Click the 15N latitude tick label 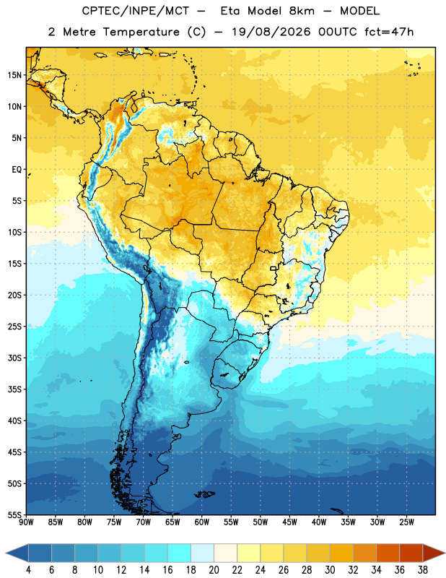point(14,75)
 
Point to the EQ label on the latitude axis point(17,170)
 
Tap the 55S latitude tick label point(14,514)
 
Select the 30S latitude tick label point(14,358)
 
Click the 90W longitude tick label point(26,522)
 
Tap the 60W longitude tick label point(202,522)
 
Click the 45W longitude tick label point(289,522)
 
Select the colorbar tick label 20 point(214,570)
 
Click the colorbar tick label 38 point(423,570)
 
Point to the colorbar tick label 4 point(28,570)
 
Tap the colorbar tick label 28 point(307,570)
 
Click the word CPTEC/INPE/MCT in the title point(136,11)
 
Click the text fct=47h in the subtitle point(389,32)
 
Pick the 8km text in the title point(302,11)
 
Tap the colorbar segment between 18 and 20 point(203,553)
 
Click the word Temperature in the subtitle point(141,32)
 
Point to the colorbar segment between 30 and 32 point(342,553)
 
